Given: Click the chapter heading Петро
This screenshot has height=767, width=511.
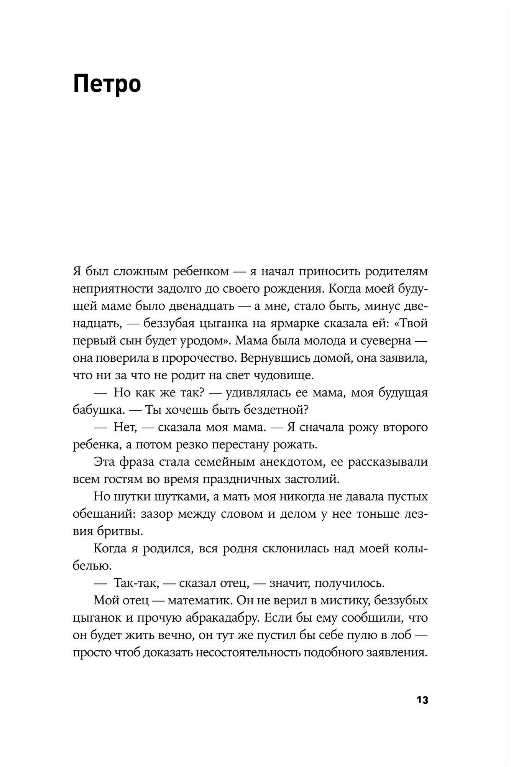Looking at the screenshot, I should (107, 84).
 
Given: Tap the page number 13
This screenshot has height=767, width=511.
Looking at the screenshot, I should (422, 700).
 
